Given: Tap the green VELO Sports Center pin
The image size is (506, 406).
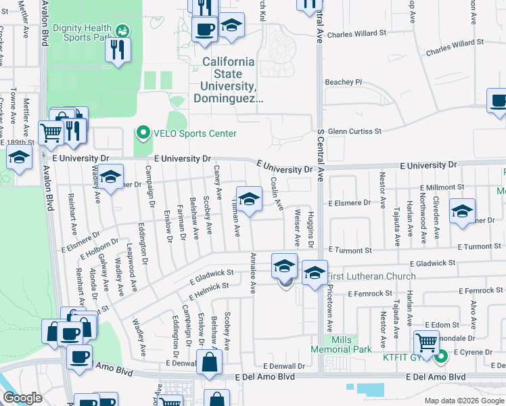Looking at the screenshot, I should [x=143, y=132].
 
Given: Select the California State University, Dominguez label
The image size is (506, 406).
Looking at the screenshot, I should [x=229, y=80].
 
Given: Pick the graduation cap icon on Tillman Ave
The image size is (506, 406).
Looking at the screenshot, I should [x=249, y=200].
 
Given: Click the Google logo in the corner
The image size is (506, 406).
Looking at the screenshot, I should [x=22, y=398].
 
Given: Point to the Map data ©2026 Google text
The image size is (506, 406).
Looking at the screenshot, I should [x=464, y=401].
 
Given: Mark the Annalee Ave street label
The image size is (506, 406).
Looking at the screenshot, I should [x=252, y=273].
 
